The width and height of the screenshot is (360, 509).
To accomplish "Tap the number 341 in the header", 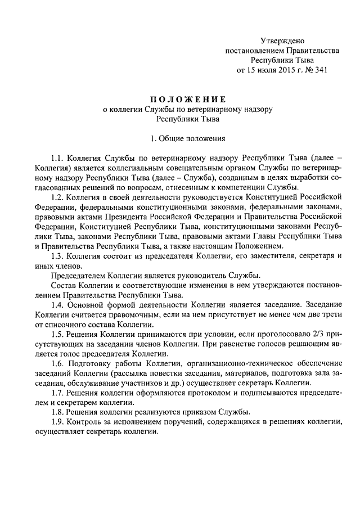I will [x=319, y=70].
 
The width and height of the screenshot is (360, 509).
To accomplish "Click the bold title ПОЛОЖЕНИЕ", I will [x=185, y=99].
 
